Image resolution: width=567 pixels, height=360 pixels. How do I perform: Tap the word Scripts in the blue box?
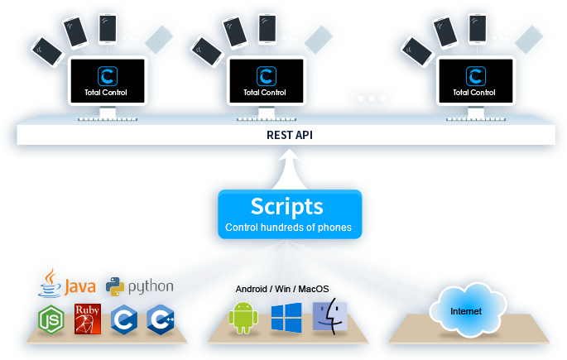click(x=286, y=206)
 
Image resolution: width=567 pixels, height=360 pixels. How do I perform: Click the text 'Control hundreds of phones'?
click(x=288, y=228)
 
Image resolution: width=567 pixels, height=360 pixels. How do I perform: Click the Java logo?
click(x=69, y=284)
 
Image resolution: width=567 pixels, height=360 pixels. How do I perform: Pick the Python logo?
click(x=141, y=286)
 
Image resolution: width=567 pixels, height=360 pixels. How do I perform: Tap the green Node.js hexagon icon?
click(x=51, y=319)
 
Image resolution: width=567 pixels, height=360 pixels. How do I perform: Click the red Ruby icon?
click(x=88, y=319)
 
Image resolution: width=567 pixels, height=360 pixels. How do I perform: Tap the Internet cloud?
click(x=465, y=311)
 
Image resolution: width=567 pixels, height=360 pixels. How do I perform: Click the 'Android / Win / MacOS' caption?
click(x=282, y=288)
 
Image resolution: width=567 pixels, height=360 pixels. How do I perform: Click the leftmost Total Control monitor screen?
click(x=108, y=81)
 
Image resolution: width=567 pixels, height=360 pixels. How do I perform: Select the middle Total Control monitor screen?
click(x=265, y=81)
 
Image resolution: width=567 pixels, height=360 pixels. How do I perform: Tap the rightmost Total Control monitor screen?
click(x=475, y=81)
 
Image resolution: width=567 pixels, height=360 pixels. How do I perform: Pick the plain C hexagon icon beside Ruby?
click(x=124, y=319)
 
